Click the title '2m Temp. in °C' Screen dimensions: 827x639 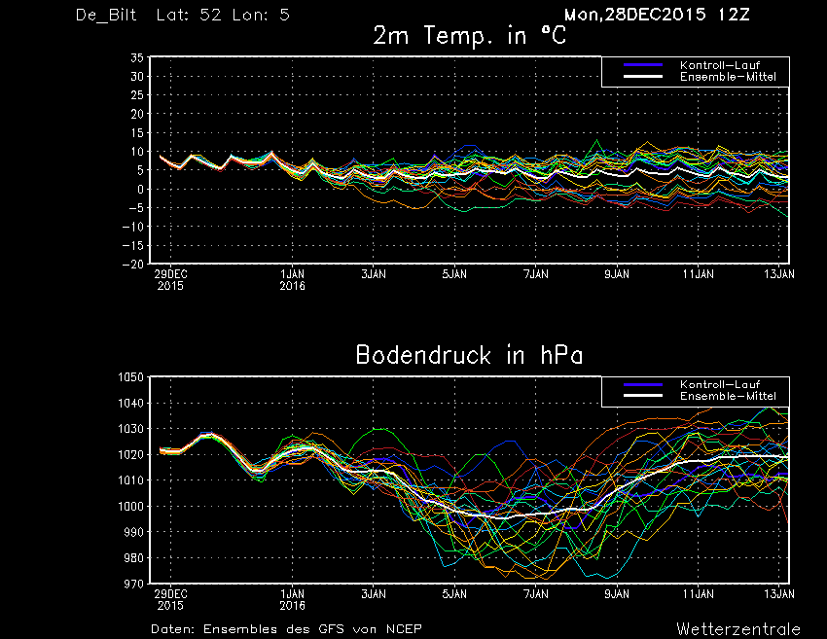coord(469,36)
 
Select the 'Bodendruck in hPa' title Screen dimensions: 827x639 coord(469,355)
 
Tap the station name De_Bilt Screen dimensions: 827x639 coord(106,15)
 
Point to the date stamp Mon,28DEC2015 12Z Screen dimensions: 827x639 coord(657,15)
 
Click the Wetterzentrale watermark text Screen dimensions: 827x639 coord(738,629)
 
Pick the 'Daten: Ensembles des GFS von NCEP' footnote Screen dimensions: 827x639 coord(286,629)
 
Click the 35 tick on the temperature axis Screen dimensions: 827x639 coord(137,58)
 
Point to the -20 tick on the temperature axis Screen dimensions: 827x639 coord(133,265)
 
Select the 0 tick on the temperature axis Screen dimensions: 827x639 coord(140,190)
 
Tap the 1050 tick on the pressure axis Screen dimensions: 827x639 coord(130,377)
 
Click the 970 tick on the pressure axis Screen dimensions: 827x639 coord(134,584)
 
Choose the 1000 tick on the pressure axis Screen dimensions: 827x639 coord(130,506)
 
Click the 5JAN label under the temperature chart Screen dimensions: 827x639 coord(454,274)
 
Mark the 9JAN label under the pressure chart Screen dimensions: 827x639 coord(617,594)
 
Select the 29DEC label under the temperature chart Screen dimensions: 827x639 coord(170,274)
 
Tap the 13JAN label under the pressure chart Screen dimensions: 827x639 coord(779,594)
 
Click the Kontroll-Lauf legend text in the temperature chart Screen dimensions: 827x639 coord(720,65)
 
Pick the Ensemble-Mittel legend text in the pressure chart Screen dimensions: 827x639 coord(728,396)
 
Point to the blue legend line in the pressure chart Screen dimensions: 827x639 coord(643,384)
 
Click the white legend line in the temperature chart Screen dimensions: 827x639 coord(643,77)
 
